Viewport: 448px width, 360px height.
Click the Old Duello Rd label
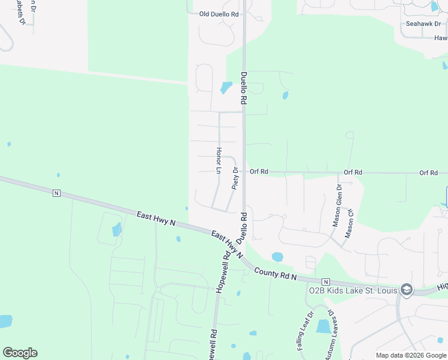[x=219, y=14]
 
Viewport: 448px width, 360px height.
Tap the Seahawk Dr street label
[x=423, y=24]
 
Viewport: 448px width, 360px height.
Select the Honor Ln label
[x=219, y=160]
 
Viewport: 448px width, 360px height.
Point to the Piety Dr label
[x=235, y=178]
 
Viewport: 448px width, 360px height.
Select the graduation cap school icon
[x=407, y=290]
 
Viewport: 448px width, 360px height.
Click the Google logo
[x=20, y=352]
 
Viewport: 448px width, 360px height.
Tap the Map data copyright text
[x=411, y=355]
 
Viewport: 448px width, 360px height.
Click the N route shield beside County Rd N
[x=325, y=281]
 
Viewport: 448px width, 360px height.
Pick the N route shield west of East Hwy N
[x=56, y=193]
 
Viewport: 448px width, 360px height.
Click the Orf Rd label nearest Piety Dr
[x=259, y=172]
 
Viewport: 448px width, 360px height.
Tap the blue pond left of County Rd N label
[x=277, y=257]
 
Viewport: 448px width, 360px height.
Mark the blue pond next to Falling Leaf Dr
[x=323, y=326]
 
